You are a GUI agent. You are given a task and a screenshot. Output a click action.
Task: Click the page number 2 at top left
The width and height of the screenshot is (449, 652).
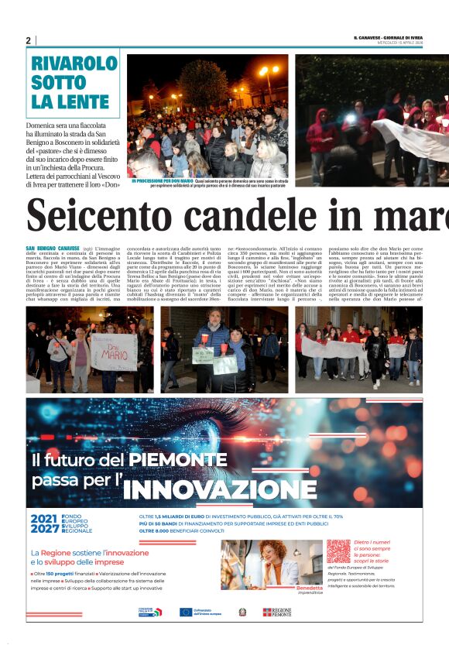pos(28,40)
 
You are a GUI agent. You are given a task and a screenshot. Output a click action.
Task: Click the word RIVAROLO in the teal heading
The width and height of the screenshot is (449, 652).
pos(74,64)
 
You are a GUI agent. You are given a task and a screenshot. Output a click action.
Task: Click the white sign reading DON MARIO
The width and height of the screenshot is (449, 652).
pos(115,352)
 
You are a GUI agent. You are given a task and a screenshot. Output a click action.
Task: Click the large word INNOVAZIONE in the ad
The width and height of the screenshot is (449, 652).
pos(209,489)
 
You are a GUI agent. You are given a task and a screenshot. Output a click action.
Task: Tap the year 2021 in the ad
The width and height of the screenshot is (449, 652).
pos(43,518)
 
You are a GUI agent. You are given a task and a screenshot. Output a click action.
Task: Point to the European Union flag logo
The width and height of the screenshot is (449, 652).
pos(185,612)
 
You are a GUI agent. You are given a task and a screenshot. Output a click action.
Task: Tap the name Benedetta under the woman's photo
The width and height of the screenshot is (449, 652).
pos(309,588)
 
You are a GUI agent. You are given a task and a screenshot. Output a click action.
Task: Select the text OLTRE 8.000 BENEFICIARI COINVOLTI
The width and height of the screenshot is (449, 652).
pos(183,531)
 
